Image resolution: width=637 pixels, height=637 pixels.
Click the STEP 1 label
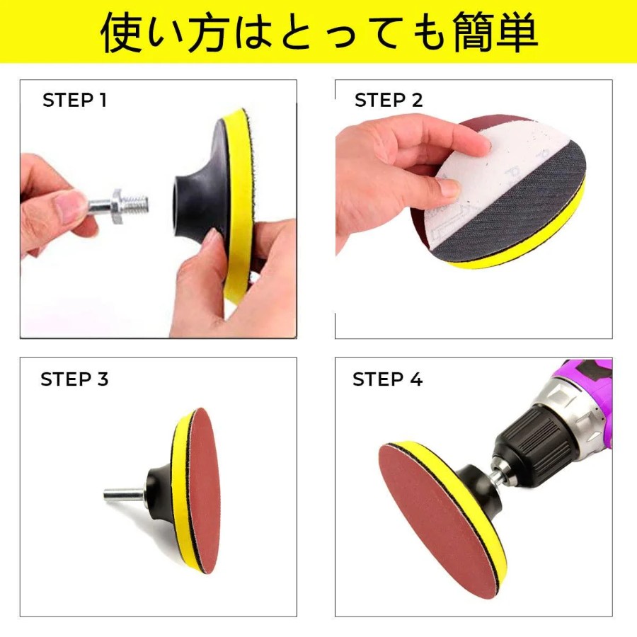click(75, 100)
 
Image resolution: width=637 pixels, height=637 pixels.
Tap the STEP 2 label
click(389, 100)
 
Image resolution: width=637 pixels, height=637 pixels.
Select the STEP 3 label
click(74, 379)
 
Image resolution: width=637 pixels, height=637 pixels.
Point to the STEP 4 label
click(388, 379)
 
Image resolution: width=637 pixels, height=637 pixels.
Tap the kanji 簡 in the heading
click(471, 33)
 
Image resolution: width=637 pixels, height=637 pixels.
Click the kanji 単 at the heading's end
click(516, 33)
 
